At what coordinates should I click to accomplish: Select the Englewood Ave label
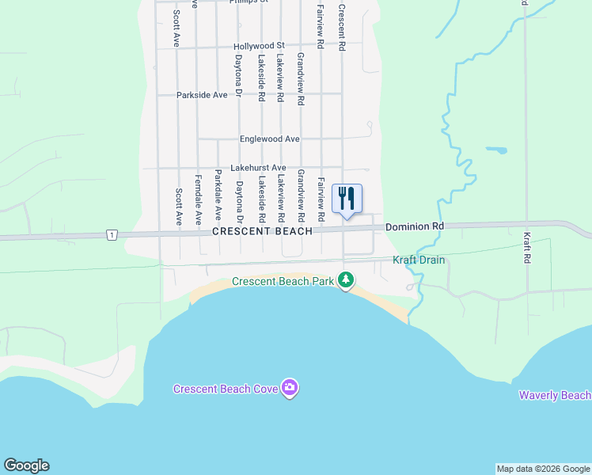coord(269,139)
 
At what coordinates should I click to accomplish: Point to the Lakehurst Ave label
coord(257,168)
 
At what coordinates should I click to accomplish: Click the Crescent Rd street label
coord(342,28)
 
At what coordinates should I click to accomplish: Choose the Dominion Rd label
coord(415,227)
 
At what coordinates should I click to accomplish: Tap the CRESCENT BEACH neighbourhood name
coord(262,231)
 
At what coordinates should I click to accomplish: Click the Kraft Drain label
coord(419,260)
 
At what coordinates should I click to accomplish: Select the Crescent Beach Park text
coord(282,282)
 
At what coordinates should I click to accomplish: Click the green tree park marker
coord(345,279)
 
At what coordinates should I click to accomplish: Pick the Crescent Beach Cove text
coord(226,388)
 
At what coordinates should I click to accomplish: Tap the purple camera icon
coord(290,387)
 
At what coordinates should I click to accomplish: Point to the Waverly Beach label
coord(554,395)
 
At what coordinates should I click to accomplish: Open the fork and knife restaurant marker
coord(347,197)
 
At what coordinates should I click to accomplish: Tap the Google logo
coord(26,465)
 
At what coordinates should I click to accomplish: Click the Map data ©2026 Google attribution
coord(543,469)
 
